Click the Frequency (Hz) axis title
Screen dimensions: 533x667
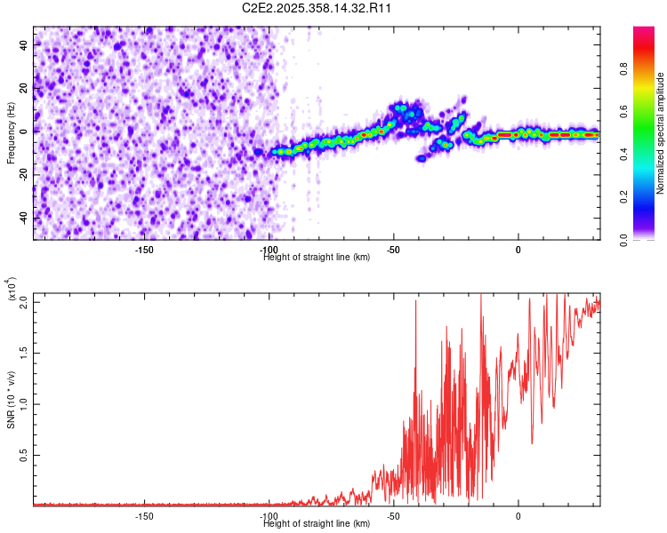pyautogui.click(x=11, y=132)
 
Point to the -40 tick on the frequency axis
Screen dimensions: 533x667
pyautogui.click(x=24, y=219)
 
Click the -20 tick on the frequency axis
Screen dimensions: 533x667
pyautogui.click(x=24, y=175)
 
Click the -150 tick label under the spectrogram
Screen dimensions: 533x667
pyautogui.click(x=144, y=249)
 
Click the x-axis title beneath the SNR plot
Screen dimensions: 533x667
pyautogui.click(x=317, y=524)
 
